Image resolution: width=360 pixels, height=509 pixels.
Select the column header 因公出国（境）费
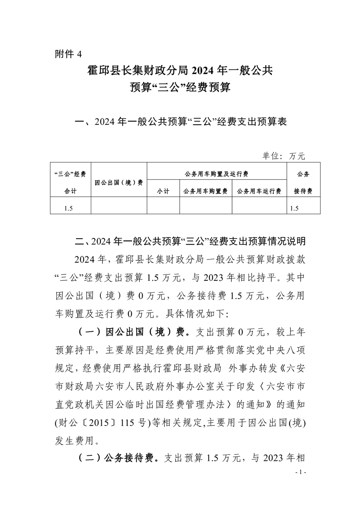pos(119,182)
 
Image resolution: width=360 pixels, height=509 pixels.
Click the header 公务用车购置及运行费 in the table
pos(217,174)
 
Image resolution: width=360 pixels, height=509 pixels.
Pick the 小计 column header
pos(163,191)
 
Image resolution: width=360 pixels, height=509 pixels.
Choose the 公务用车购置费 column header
pos(205,191)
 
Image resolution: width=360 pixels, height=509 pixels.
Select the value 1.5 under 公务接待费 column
pos(294,208)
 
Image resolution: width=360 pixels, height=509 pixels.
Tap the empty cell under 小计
pos(163,208)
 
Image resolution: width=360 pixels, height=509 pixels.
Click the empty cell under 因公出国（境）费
pos(119,208)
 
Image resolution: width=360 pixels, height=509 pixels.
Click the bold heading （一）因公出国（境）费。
pos(132,332)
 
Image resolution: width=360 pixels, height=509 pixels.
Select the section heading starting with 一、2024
pos(180,122)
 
